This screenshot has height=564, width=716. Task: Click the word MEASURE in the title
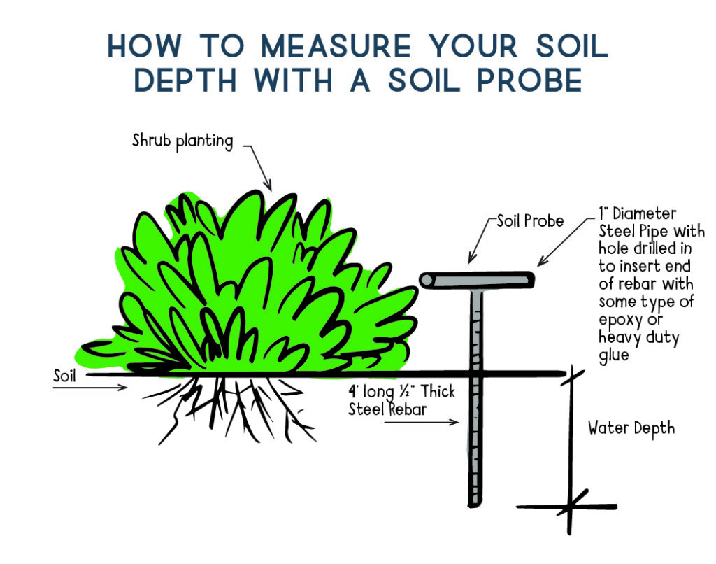(336, 45)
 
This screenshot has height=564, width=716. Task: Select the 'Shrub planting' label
(182, 141)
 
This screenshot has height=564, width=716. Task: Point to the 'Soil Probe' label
(530, 221)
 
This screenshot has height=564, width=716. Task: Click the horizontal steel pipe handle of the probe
(477, 280)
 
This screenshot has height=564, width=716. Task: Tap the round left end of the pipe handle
(427, 280)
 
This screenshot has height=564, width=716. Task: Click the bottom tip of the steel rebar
(475, 505)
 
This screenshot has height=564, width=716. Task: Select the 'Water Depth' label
(631, 428)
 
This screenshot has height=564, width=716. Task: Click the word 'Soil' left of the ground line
(64, 376)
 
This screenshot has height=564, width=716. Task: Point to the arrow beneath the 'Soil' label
(90, 388)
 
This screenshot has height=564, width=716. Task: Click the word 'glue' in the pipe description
(614, 355)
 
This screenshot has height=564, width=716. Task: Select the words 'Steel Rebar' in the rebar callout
(387, 409)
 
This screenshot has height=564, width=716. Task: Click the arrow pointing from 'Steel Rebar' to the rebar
(421, 422)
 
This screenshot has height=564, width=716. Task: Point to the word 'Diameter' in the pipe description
(644, 213)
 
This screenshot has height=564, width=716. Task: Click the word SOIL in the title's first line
(572, 45)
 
